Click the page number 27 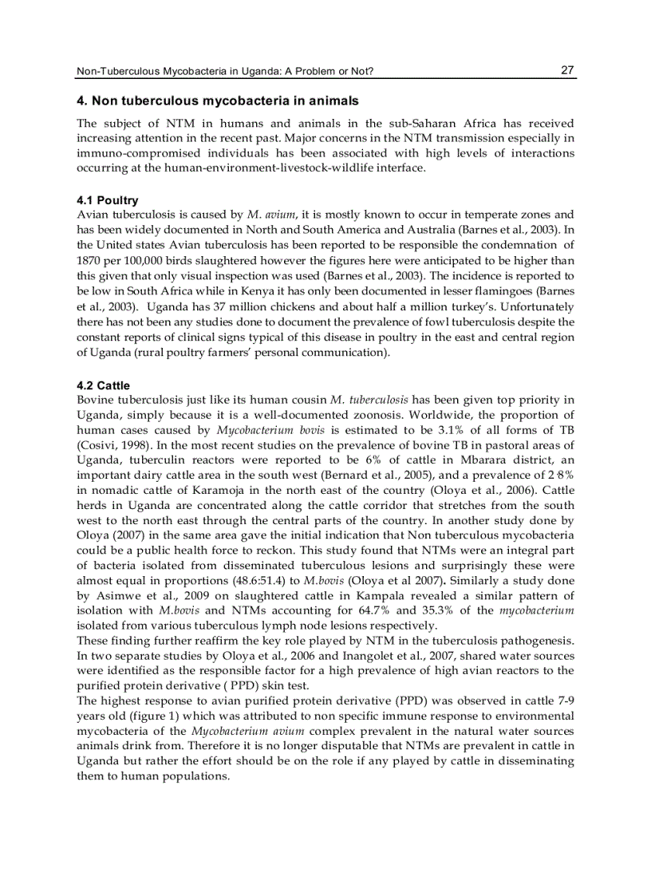[x=567, y=70]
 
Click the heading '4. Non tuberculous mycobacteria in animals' [x=217, y=101]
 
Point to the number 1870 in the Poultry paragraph [x=89, y=260]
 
